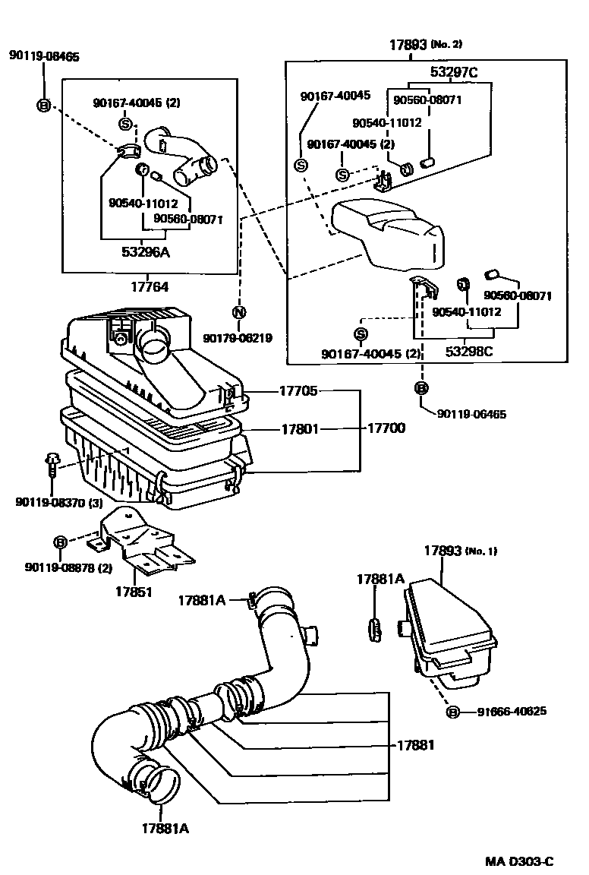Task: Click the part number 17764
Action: coord(149,287)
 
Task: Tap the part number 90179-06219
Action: coord(238,338)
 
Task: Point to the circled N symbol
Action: coord(238,312)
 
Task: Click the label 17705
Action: coord(298,391)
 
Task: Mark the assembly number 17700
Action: coord(386,428)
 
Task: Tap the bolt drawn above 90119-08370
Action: coord(52,461)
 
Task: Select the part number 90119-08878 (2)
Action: coord(68,567)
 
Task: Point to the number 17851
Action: coord(134,592)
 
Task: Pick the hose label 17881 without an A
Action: coord(415,745)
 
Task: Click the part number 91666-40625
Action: coord(512,712)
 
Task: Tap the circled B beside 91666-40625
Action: coord(453,712)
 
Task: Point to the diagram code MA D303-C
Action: coord(520,861)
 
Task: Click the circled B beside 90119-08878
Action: coord(60,542)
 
